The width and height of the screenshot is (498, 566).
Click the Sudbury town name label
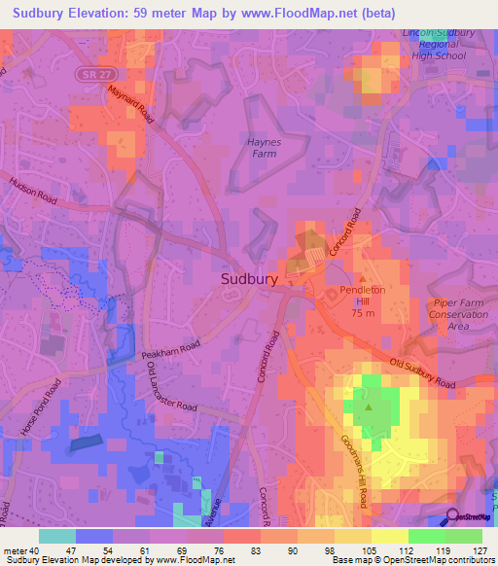(249, 278)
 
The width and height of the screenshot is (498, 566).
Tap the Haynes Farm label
(260, 147)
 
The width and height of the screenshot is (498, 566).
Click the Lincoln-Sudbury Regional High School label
(440, 44)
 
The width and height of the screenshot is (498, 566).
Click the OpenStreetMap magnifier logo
(454, 518)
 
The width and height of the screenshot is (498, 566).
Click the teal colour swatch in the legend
(57, 536)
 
